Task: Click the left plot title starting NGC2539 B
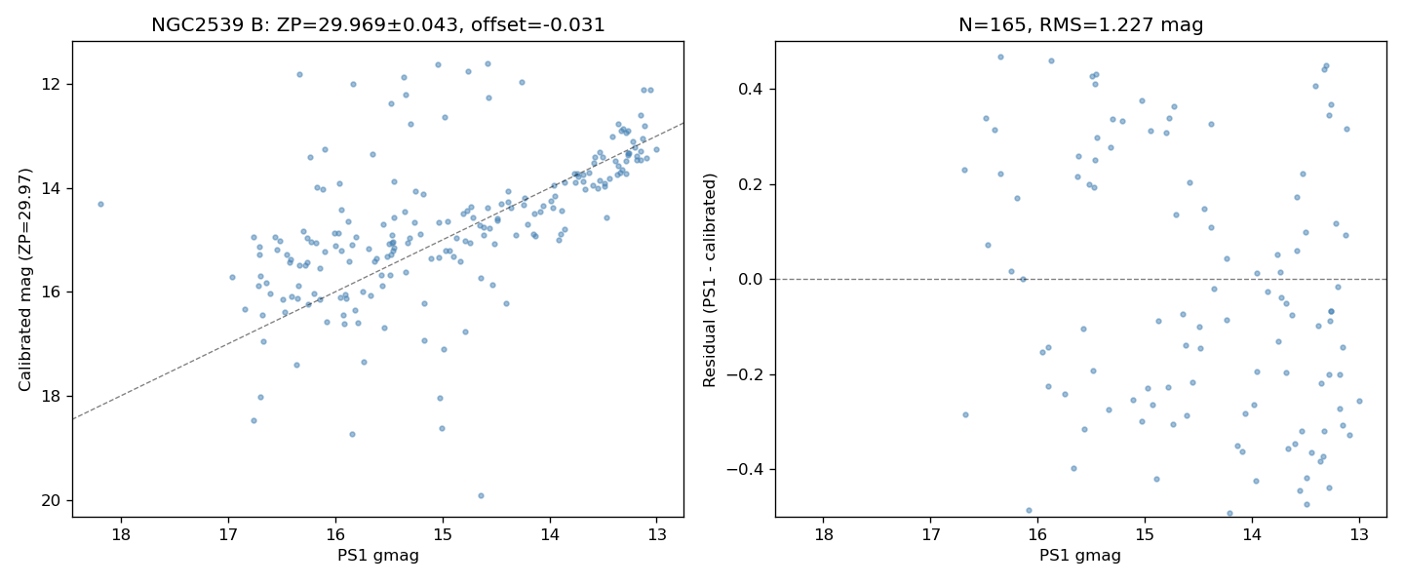[x=378, y=25]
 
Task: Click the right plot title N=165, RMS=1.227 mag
[x=1080, y=25]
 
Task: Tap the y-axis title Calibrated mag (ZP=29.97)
[x=24, y=280]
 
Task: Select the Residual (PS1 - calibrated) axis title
[x=709, y=280]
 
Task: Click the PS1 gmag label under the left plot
[x=378, y=556]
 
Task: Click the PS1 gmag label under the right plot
[x=1080, y=556]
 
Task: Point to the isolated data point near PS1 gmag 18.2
[x=100, y=204]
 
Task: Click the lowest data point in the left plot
[x=481, y=495]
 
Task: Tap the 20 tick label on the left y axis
[x=55, y=500]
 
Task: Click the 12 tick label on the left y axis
[x=55, y=84]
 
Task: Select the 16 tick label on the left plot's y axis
[x=55, y=292]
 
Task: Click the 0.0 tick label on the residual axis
[x=750, y=279]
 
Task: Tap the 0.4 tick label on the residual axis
[x=750, y=89]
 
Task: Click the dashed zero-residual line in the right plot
[x=1081, y=279]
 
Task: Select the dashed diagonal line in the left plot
[x=378, y=271]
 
